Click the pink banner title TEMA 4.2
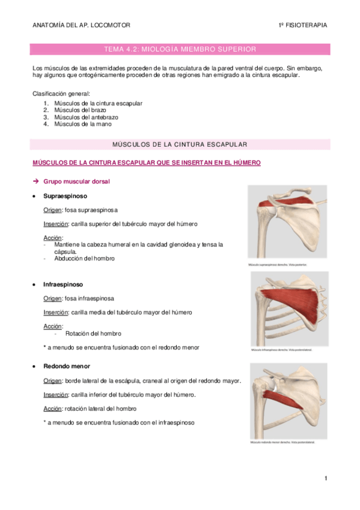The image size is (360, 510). tap(180, 49)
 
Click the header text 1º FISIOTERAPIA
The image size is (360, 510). tap(303, 25)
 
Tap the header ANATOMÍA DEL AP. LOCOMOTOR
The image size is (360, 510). tap(81, 25)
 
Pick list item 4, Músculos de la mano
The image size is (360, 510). tap(82, 124)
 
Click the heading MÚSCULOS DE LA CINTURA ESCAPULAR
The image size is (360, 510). tap(180, 145)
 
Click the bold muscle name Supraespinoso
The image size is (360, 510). tap(65, 196)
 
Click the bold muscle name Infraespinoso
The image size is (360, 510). tap(63, 284)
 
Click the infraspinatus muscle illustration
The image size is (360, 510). tap(289, 309)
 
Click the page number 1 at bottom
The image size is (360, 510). tap(325, 479)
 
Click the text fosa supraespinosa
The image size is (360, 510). tap(91, 210)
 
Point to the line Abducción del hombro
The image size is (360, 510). tap(84, 259)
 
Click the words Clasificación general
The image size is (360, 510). tap(61, 94)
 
